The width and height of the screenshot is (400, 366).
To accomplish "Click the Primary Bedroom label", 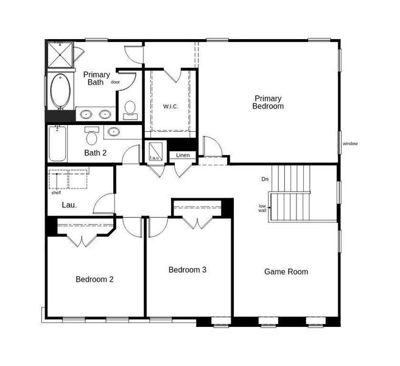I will (268, 102).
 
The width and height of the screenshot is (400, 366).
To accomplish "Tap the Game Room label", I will (286, 271).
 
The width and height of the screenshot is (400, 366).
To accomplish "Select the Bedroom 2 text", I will (94, 279).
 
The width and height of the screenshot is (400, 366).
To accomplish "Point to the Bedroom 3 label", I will (187, 269).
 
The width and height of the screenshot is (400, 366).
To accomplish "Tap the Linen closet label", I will (183, 155).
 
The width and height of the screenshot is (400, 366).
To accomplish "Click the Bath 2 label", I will (96, 153).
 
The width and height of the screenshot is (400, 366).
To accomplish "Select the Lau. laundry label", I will (69, 205).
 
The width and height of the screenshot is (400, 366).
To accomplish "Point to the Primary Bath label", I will (97, 78).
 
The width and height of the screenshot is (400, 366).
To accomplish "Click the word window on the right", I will (350, 144).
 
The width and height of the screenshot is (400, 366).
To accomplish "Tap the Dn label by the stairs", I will (265, 179).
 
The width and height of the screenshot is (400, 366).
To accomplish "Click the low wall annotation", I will (262, 208).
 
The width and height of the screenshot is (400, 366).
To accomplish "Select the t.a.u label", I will (154, 159).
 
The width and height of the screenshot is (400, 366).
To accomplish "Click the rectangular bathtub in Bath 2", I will (57, 143).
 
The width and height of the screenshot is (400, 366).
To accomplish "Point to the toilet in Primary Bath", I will (129, 109).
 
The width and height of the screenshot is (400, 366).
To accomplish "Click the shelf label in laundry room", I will (56, 193).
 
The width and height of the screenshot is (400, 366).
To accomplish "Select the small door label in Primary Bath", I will (115, 82).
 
